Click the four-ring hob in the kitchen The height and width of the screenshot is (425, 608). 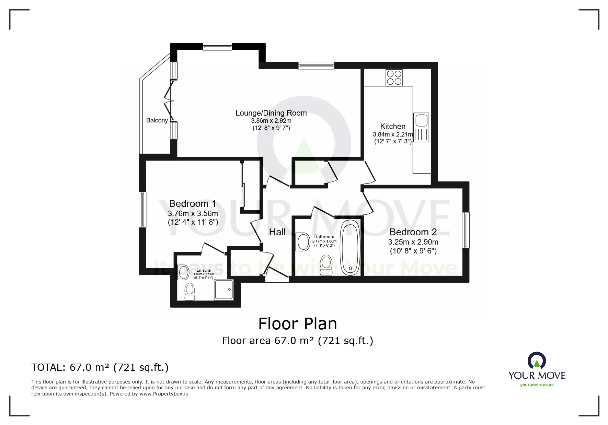394,78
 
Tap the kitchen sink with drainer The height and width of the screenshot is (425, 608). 421,127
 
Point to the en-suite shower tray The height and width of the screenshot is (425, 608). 224,290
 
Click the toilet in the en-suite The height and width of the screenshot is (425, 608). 190,292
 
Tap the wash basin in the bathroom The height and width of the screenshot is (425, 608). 303,242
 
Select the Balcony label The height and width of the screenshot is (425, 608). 157,120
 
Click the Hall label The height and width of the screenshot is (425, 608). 277,232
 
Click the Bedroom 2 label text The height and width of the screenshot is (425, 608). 413,232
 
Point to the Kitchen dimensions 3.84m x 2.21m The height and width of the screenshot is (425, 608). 392,134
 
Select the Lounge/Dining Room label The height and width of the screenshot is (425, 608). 271,113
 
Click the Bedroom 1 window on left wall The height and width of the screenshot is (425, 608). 142,209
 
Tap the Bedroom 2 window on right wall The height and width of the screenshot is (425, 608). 466,230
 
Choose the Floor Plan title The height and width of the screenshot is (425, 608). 297,323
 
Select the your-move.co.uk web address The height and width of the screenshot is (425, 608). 537,385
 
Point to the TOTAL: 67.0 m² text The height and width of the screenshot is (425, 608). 100,367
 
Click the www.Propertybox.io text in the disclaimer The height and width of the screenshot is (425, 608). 164,394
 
